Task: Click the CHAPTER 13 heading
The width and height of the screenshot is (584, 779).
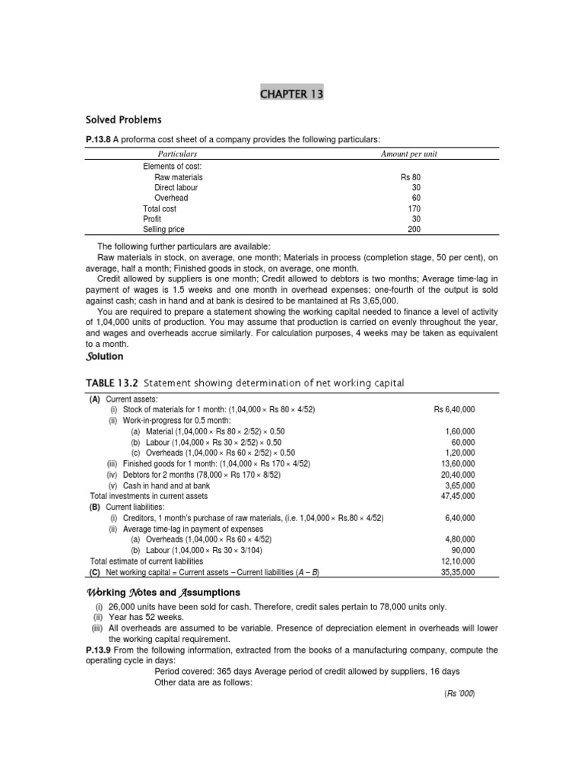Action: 292,94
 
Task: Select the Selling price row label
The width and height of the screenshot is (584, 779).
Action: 163,229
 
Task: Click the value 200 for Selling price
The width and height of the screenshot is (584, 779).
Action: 414,229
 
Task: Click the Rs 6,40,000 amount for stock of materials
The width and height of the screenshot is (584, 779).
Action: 454,409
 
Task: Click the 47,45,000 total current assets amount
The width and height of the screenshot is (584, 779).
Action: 459,496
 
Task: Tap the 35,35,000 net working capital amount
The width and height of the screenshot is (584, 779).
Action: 459,572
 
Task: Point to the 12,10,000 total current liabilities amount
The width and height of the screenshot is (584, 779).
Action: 459,561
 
